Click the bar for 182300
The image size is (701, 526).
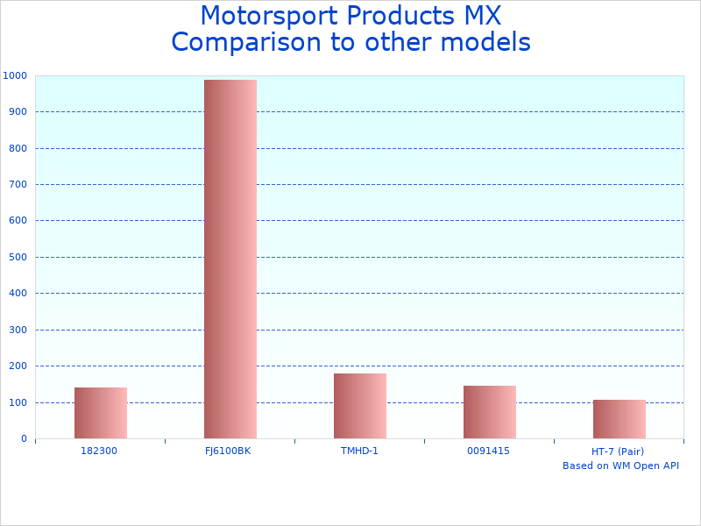[101, 413]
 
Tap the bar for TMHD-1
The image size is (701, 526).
[360, 406]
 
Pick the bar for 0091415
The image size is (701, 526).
[490, 412]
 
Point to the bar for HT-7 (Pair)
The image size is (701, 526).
[620, 419]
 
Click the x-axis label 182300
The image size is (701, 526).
[99, 451]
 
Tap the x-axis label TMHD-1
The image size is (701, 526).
[359, 451]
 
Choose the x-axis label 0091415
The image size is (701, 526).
[488, 451]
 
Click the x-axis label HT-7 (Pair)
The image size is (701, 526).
[618, 451]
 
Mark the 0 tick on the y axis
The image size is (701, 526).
[24, 438]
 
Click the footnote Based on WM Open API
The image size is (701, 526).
[620, 466]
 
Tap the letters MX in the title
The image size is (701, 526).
[482, 17]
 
